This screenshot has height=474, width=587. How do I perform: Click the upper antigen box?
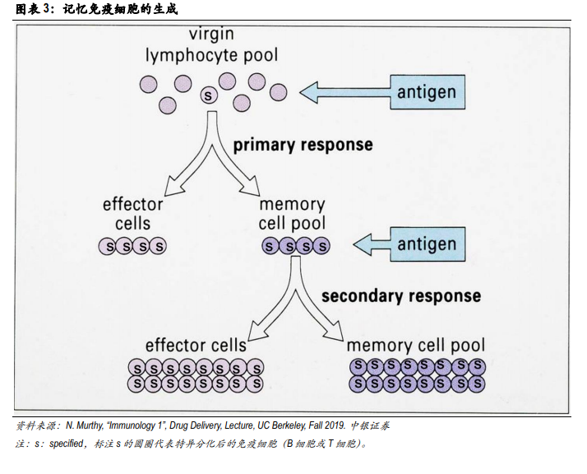click(x=428, y=92)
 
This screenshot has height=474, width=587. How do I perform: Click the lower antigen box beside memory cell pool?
click(x=428, y=244)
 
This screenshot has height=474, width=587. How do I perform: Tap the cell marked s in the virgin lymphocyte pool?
click(x=209, y=95)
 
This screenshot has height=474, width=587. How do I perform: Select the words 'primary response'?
click(x=303, y=145)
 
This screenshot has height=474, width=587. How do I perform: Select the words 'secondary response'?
click(x=401, y=296)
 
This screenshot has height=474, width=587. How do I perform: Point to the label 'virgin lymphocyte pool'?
click(x=212, y=44)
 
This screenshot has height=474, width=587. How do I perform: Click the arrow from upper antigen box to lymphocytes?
click(x=345, y=92)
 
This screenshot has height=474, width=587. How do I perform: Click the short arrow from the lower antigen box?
click(x=372, y=244)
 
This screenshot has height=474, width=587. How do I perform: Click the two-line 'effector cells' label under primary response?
click(x=133, y=214)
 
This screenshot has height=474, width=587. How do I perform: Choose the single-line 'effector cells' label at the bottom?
click(x=196, y=345)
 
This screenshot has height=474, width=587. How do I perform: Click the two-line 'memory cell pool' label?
click(x=292, y=214)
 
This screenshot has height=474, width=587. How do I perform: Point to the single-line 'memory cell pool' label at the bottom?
click(x=416, y=346)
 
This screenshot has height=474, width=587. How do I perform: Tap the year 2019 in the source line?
click(x=335, y=425)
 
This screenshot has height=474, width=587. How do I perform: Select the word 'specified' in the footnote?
click(x=67, y=444)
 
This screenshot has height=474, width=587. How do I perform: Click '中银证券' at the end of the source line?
click(x=370, y=425)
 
